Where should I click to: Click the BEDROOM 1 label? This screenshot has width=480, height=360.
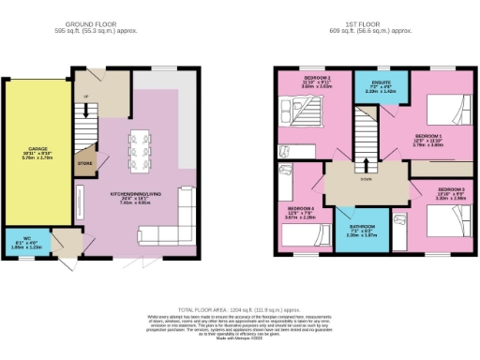(x=428, y=137)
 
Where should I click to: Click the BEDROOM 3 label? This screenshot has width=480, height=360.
(x=449, y=190)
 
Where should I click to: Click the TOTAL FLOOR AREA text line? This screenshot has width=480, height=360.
(x=240, y=309)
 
